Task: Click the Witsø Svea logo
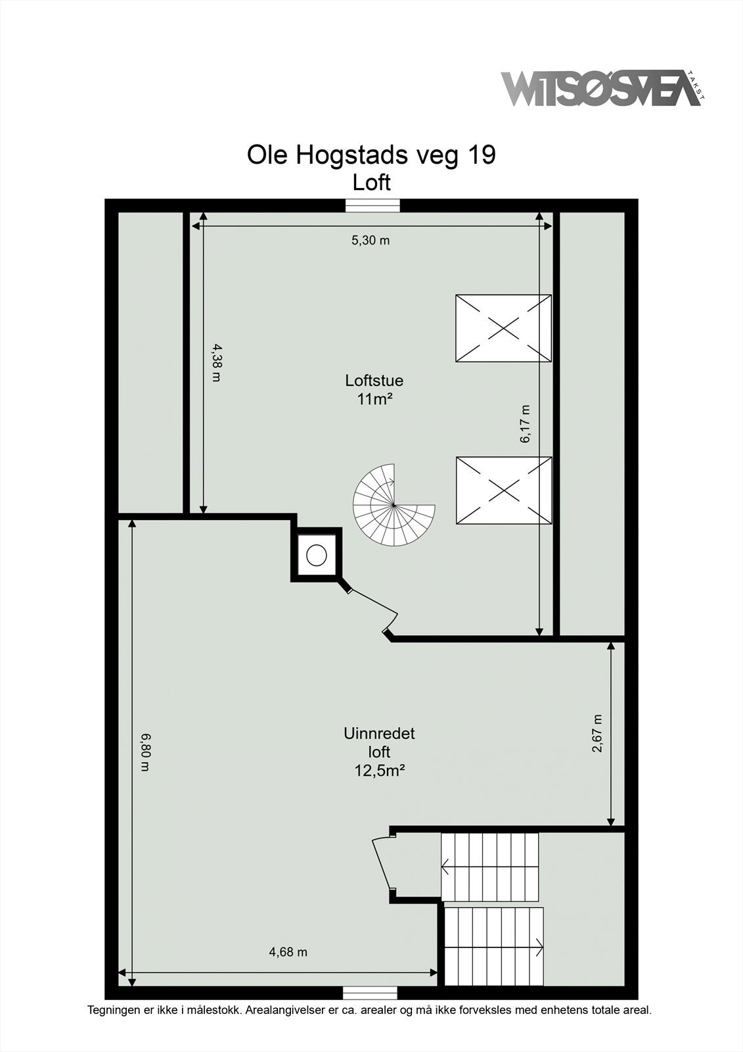click(603, 88)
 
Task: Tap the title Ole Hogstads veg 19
click(371, 155)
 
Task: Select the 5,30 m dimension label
click(371, 241)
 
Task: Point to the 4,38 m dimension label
click(215, 362)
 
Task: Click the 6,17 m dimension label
click(525, 423)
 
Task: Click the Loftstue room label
click(374, 380)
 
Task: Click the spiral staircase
click(394, 506)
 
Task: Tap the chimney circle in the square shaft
click(317, 555)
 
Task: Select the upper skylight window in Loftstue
click(503, 328)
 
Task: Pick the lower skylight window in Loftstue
click(504, 490)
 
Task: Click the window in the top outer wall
click(372, 206)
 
